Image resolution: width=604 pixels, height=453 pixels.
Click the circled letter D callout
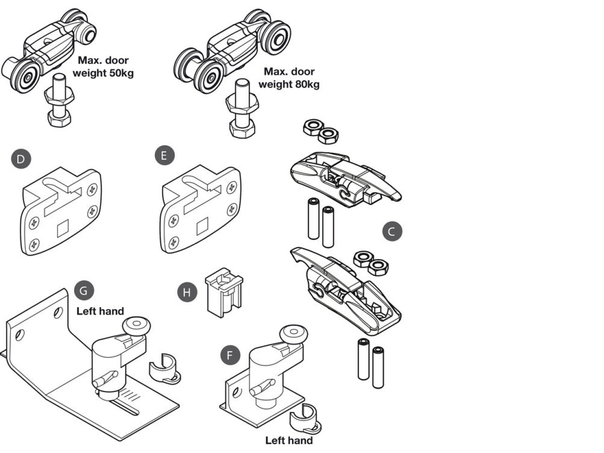pyautogui.click(x=21, y=159)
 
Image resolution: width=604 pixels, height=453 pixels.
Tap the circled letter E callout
pyautogui.click(x=164, y=155)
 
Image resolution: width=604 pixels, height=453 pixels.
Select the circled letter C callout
pyautogui.click(x=392, y=232)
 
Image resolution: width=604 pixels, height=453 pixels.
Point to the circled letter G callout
pyautogui.click(x=84, y=290)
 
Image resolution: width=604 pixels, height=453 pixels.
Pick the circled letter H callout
pyautogui.click(x=187, y=293)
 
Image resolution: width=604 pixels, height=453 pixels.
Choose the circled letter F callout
pyautogui.click(x=230, y=355)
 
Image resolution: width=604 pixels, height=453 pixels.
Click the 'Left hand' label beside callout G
pyautogui.click(x=100, y=311)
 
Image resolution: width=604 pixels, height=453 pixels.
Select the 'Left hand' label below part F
pyautogui.click(x=289, y=440)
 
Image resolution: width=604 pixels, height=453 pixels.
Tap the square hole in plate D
pyautogui.click(x=63, y=230)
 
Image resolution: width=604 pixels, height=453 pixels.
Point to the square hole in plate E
pyautogui.click(x=202, y=227)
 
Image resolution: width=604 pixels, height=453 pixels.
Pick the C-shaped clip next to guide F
pyautogui.click(x=305, y=418)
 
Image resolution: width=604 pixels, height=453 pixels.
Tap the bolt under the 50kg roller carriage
pyautogui.click(x=59, y=101)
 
